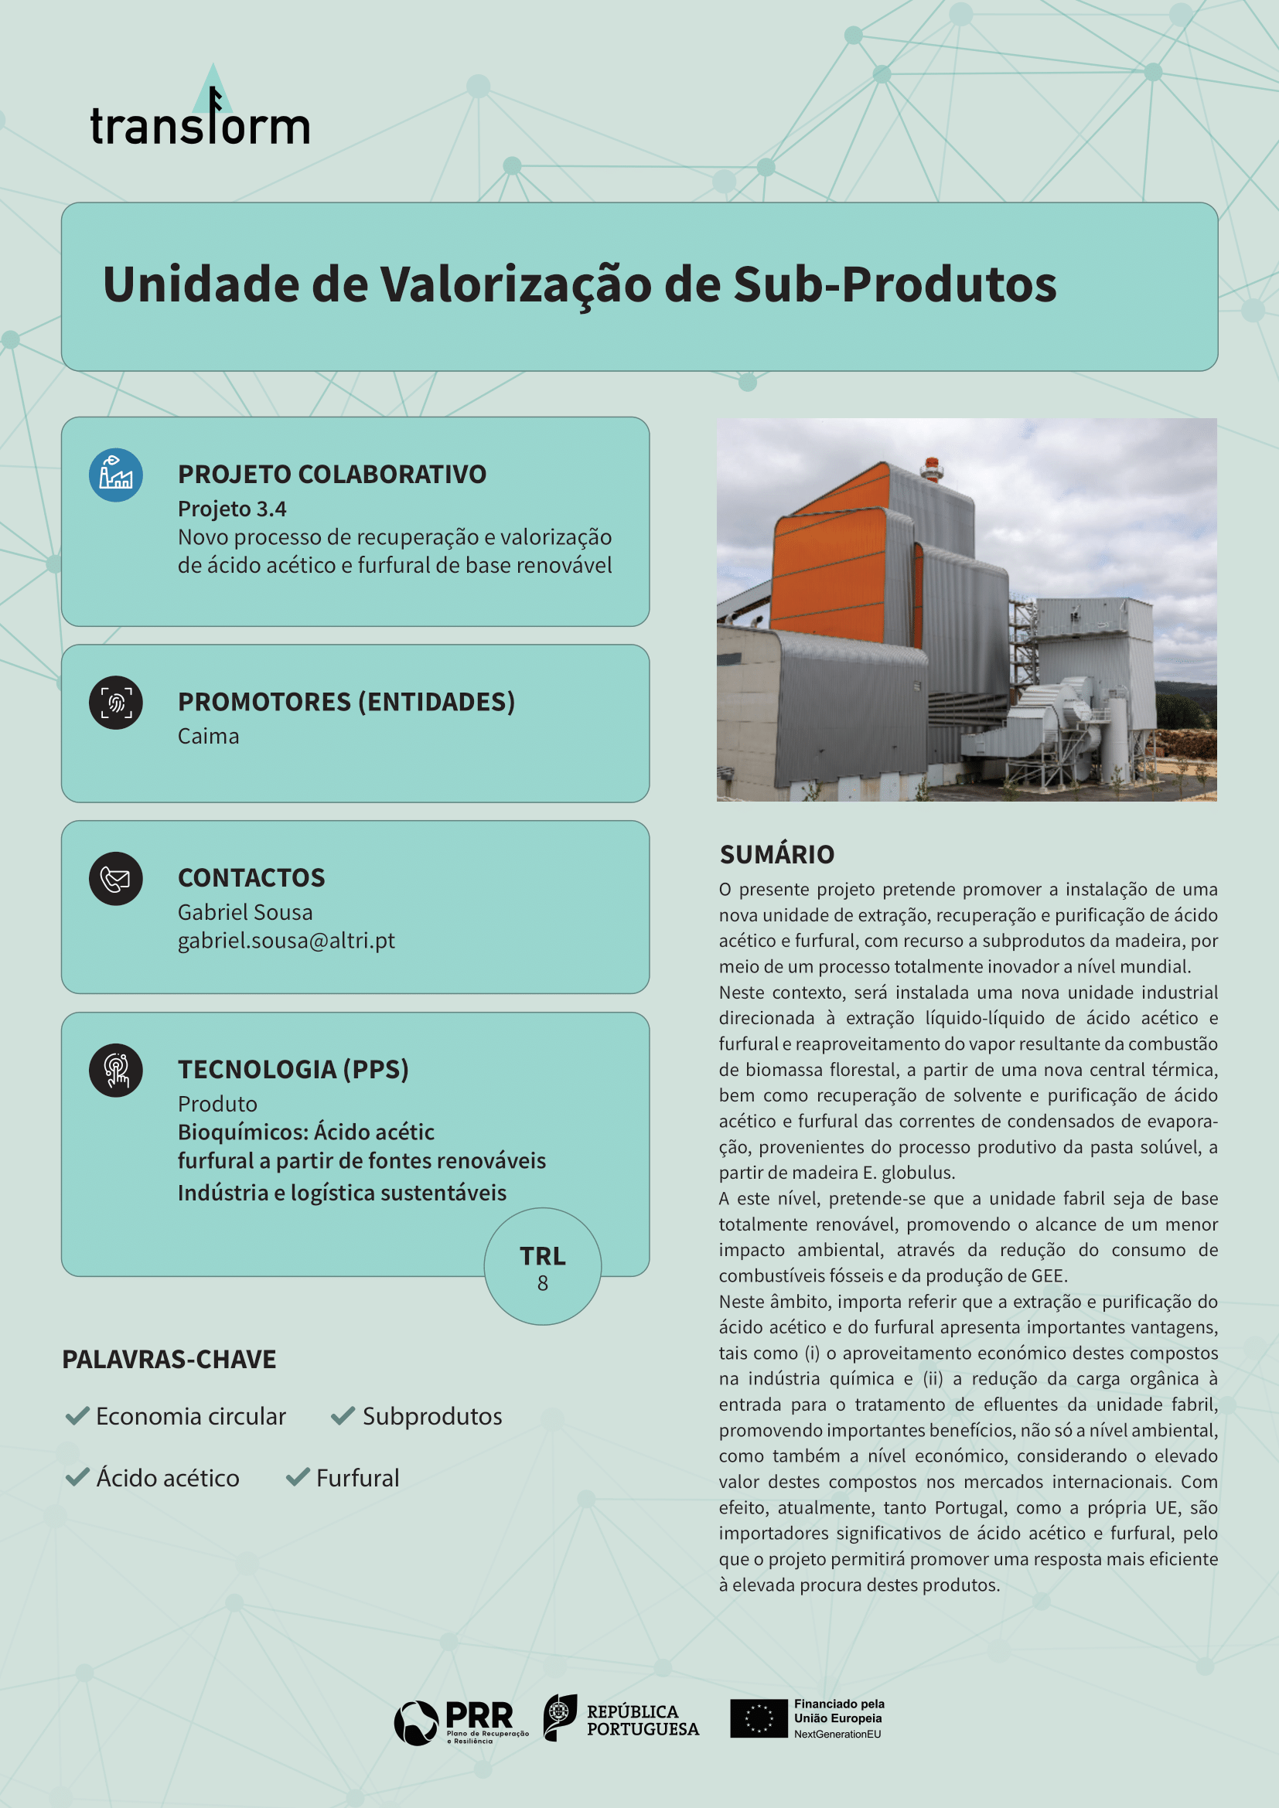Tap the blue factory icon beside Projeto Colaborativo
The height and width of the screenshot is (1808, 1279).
(x=116, y=475)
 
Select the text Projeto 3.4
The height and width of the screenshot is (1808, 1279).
(x=231, y=509)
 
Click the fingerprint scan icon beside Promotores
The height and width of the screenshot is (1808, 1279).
(x=116, y=703)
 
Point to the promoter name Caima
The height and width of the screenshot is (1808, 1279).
(x=208, y=737)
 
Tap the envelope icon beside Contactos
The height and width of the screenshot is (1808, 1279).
(x=116, y=879)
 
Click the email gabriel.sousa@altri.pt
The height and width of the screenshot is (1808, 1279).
(x=286, y=940)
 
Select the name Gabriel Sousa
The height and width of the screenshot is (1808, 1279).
(x=245, y=912)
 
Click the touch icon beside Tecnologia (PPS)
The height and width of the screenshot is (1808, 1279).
(x=116, y=1070)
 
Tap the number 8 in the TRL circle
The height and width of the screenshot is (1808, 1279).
(x=543, y=1283)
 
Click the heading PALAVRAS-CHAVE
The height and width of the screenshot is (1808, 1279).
(x=169, y=1359)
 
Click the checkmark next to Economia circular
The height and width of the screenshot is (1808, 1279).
(x=77, y=1416)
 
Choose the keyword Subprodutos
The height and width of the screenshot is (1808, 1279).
(x=431, y=1416)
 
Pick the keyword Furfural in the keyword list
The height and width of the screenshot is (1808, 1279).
(x=357, y=1477)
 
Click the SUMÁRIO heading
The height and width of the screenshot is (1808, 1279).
(x=776, y=854)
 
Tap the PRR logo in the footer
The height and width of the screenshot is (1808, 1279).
(x=461, y=1722)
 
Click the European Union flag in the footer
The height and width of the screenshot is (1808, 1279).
(x=759, y=1718)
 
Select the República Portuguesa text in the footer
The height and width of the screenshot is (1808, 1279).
(x=642, y=1721)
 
